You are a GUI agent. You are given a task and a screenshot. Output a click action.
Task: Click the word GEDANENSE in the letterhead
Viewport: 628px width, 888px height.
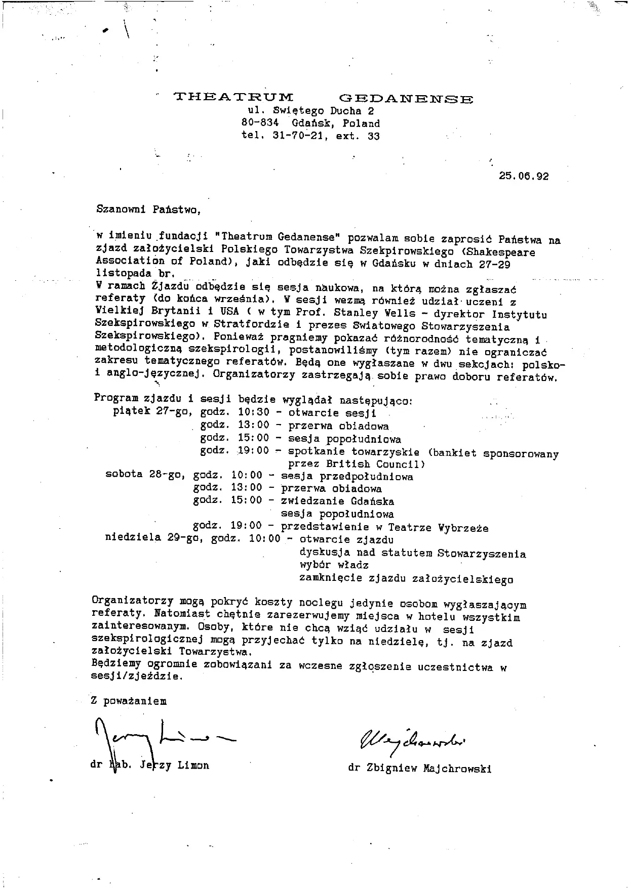click(406, 99)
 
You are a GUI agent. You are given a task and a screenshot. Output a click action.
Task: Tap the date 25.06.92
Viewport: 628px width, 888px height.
click(523, 177)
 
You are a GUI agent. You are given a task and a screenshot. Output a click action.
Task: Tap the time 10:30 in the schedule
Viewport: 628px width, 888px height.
click(254, 413)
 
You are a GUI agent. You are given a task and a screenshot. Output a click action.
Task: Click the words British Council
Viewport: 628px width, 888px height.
click(375, 464)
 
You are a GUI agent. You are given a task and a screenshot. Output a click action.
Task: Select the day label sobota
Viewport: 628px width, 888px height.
click(124, 475)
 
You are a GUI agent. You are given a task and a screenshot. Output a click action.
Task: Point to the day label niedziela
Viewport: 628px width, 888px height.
click(133, 537)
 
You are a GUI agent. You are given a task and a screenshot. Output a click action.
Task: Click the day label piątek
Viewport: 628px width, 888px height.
click(132, 411)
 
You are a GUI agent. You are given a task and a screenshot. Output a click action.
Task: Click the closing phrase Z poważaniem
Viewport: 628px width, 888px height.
click(129, 701)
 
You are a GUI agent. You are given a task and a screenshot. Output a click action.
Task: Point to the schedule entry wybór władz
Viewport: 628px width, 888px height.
click(334, 565)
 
